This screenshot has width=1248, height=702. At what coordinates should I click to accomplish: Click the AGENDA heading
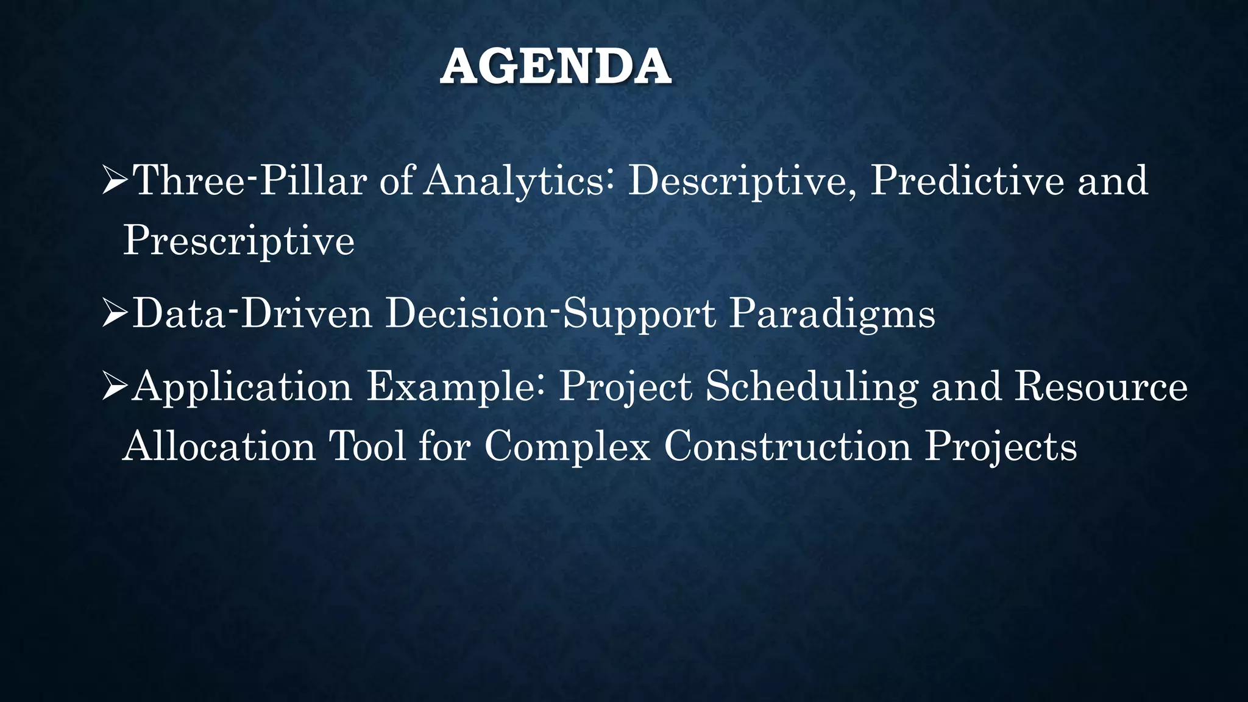click(556, 67)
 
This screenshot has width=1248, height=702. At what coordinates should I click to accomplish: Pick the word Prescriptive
click(238, 240)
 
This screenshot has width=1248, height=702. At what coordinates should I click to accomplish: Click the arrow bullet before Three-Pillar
click(114, 182)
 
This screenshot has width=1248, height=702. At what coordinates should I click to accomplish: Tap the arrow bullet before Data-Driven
click(114, 314)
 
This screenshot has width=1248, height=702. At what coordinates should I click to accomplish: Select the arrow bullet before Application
click(114, 387)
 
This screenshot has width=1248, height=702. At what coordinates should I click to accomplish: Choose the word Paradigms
click(832, 314)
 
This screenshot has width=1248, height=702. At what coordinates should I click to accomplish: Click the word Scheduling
click(811, 387)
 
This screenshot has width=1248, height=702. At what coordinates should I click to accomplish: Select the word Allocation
click(219, 446)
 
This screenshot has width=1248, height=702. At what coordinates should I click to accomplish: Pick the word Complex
click(567, 446)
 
